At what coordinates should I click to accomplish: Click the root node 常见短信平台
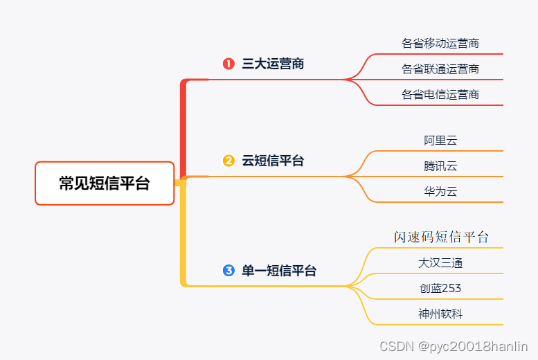point(105,183)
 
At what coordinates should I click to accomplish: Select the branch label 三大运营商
point(273,64)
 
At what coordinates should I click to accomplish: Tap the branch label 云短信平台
point(273,161)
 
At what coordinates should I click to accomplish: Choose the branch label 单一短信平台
point(279,271)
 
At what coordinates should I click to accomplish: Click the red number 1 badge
point(228,64)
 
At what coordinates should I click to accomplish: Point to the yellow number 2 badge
point(228,161)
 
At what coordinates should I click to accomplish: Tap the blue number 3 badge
point(228,270)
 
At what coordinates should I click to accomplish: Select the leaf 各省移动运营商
point(440,44)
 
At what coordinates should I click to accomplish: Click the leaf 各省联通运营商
point(440,69)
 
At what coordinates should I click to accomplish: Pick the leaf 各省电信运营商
point(440,95)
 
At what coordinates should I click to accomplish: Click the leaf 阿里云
point(440,141)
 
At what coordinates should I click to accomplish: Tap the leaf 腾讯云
point(440,166)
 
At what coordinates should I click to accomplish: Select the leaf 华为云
point(440,192)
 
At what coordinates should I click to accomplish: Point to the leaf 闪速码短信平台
point(441,237)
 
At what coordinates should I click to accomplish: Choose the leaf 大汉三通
point(440,263)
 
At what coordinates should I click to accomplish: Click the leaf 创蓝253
point(440,289)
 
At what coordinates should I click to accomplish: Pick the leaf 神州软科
point(440,314)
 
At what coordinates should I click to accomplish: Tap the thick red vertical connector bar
point(183,128)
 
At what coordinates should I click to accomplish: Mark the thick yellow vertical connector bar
point(183,235)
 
